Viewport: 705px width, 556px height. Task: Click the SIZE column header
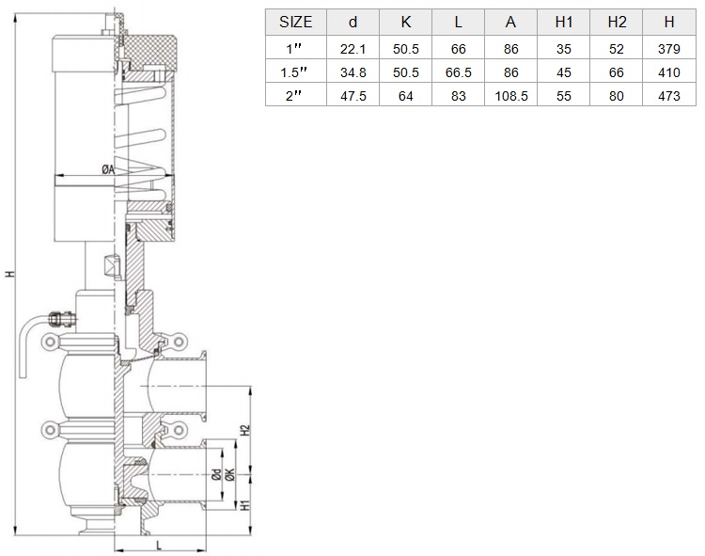(x=295, y=22)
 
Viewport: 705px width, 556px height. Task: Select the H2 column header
(x=617, y=22)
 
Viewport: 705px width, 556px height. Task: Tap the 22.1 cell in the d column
(x=352, y=49)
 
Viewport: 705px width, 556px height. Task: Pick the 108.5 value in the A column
(x=510, y=96)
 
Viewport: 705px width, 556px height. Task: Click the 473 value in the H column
(x=668, y=96)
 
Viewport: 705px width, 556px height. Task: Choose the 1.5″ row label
(x=293, y=72)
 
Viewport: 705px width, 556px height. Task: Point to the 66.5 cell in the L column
(x=458, y=72)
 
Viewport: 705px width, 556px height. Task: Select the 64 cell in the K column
(x=405, y=96)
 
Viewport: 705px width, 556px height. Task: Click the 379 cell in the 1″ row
(x=668, y=49)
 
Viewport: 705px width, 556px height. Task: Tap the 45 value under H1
(x=563, y=72)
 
